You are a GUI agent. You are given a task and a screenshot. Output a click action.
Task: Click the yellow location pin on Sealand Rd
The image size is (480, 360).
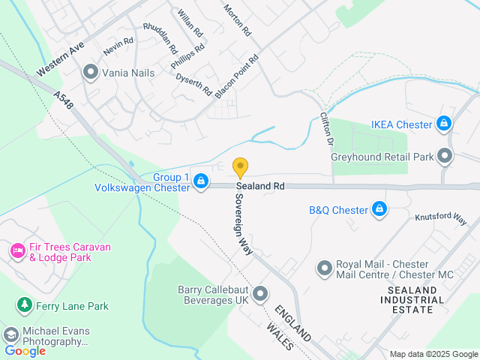240,166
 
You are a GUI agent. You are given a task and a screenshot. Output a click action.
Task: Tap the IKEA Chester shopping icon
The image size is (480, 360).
445,124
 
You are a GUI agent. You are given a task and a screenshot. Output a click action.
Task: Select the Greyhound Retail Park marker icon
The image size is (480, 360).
445,157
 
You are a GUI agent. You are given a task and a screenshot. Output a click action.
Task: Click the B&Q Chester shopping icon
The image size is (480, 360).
379,209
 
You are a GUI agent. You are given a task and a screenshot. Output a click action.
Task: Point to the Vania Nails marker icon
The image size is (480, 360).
91,73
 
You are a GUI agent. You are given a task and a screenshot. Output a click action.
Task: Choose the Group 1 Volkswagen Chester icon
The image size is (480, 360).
201,181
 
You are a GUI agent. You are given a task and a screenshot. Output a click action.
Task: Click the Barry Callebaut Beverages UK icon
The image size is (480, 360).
260,293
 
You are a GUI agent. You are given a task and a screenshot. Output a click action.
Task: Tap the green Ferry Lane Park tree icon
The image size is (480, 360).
25,305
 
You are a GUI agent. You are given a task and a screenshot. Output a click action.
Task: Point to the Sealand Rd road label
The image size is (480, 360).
260,186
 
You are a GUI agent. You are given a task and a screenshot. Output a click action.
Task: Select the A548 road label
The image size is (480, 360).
64,102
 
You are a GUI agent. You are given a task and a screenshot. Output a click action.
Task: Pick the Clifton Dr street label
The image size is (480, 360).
326,127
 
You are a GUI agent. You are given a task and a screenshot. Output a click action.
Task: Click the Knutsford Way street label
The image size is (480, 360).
442,217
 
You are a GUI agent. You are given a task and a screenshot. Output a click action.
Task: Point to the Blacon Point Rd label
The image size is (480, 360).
236,77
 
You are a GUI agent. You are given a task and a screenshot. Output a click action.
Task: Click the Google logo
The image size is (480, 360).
25,350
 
